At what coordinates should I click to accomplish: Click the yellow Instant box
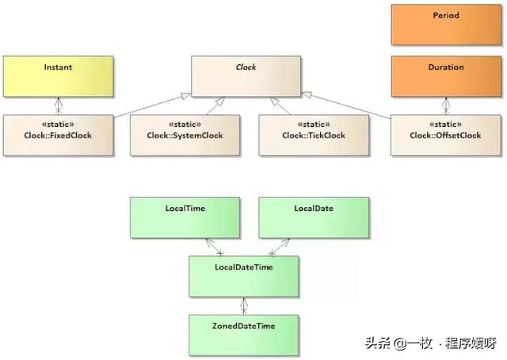(57, 76)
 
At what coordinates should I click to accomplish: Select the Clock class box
(246, 76)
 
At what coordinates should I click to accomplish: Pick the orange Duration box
(446, 76)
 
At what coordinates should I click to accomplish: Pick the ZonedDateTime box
(244, 334)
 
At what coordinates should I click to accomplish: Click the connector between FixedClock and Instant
(57, 106)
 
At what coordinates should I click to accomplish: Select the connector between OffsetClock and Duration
(446, 106)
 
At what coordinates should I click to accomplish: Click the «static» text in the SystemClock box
(185, 124)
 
